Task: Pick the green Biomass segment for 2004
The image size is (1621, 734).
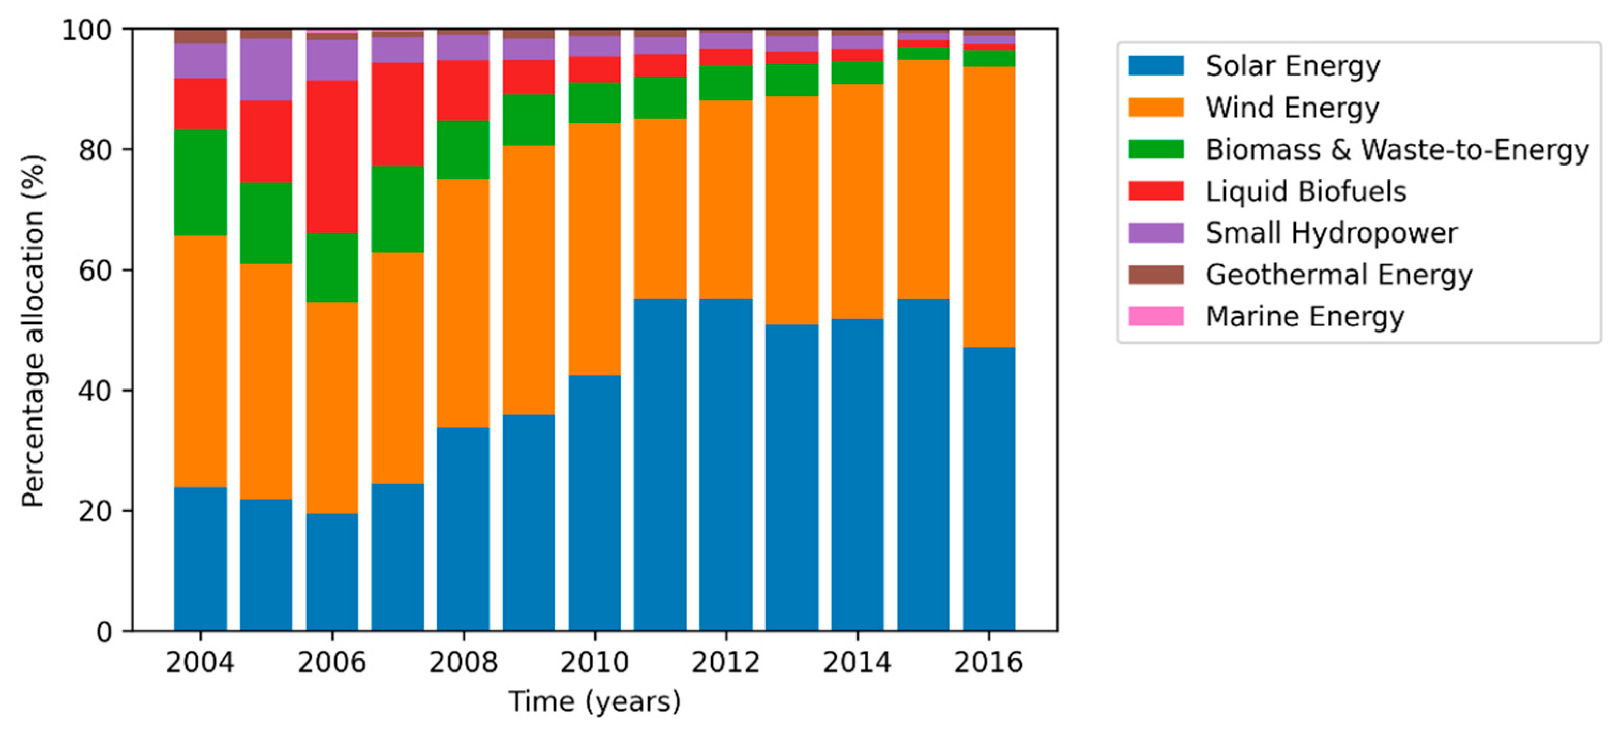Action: click(200, 183)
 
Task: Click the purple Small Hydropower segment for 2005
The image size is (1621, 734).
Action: click(266, 69)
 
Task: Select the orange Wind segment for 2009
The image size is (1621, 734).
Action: click(529, 280)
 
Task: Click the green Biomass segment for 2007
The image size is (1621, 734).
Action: click(397, 209)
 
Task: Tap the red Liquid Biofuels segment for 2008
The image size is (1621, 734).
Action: click(463, 90)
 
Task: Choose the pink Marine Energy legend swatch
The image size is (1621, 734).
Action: click(1155, 316)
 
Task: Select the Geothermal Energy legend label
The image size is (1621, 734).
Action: click(1338, 275)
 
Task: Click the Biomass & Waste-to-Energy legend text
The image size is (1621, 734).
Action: click(1396, 150)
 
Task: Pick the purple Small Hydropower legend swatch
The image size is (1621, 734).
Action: click(1155, 233)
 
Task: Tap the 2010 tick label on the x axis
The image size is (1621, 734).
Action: click(594, 662)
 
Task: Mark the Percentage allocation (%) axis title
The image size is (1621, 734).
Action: click(33, 331)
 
